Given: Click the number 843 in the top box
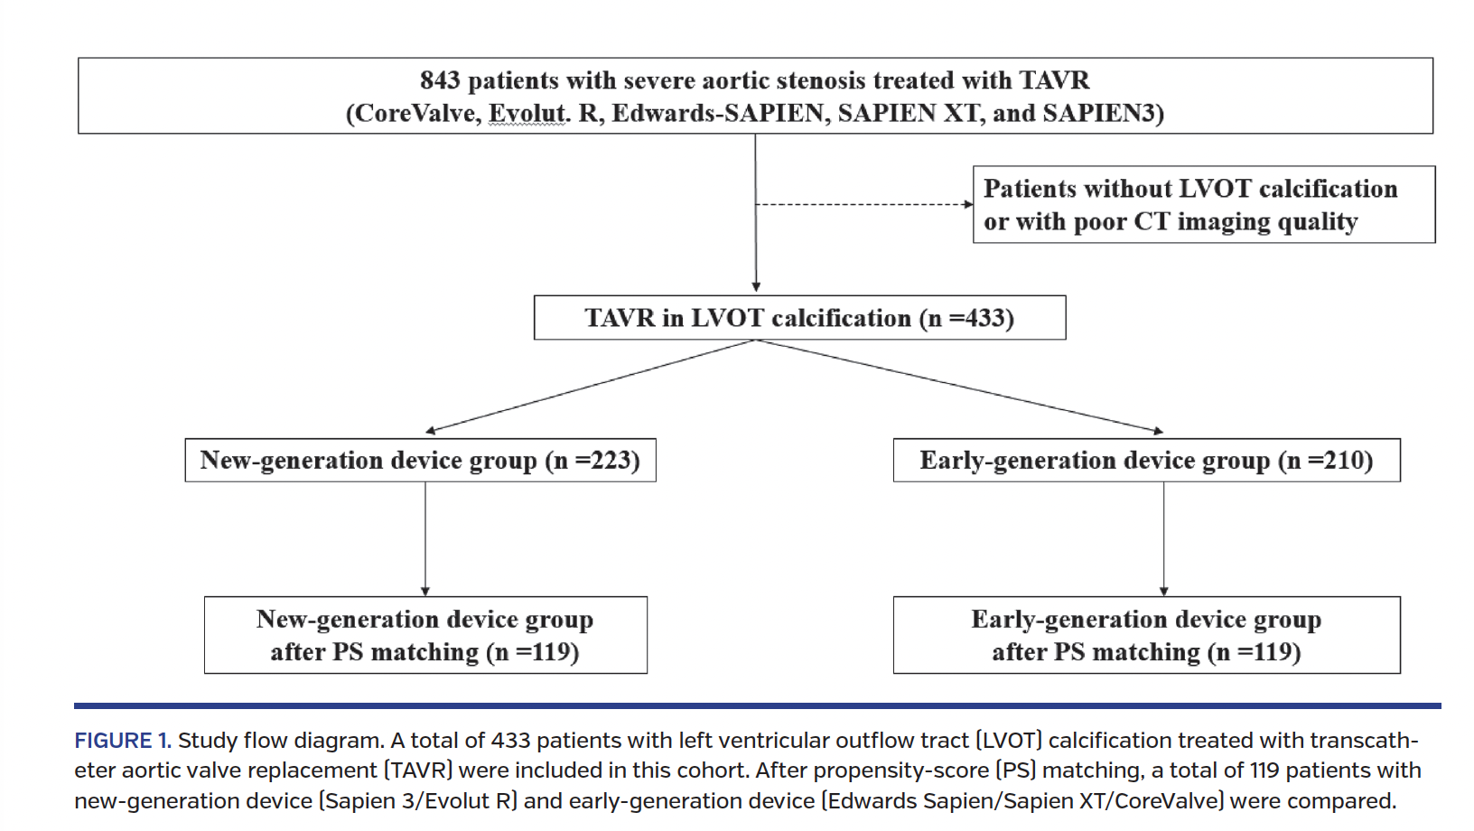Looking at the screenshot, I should pos(440,80).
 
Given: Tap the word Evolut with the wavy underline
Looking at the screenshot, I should pos(528,114).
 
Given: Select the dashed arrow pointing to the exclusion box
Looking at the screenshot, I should pos(863,204).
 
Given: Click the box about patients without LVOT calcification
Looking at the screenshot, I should pos(1203,205).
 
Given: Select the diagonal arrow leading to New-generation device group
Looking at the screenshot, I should pos(587,387).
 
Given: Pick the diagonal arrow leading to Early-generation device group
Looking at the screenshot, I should pos(957,387).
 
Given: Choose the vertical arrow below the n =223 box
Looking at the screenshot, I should pos(425,538).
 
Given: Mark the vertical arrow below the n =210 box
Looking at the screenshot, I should pos(1163,538).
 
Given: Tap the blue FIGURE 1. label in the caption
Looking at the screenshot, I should pos(122,741).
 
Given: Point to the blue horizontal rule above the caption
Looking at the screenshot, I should pos(757,705).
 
